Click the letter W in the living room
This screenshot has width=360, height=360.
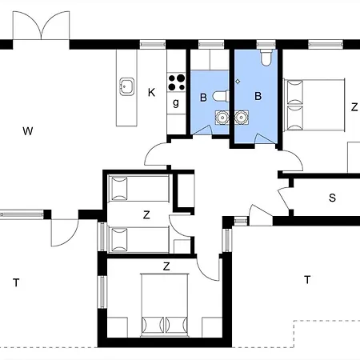28,131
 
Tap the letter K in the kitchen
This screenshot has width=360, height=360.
151,93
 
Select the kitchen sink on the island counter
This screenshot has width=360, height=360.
126,86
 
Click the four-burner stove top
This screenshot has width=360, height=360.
177,82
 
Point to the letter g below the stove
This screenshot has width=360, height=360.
176,102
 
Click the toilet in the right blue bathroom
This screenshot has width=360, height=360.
266,57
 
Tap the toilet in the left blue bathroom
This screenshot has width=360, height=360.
221,96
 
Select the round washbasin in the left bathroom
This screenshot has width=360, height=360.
222,118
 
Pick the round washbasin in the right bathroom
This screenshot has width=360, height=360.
242,118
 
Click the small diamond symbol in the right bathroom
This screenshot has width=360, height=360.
238,82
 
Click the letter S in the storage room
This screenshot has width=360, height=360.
332,198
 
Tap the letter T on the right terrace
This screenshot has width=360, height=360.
307,280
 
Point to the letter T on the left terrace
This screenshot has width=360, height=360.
16,282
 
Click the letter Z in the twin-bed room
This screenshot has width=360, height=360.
146,214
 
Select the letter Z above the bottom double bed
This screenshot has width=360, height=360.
166,266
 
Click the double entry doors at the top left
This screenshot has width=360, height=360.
42,26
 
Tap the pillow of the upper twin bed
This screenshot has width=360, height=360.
119,188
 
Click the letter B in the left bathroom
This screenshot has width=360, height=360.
203,98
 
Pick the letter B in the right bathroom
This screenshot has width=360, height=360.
258,96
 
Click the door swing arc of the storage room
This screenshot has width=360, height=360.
282,198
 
